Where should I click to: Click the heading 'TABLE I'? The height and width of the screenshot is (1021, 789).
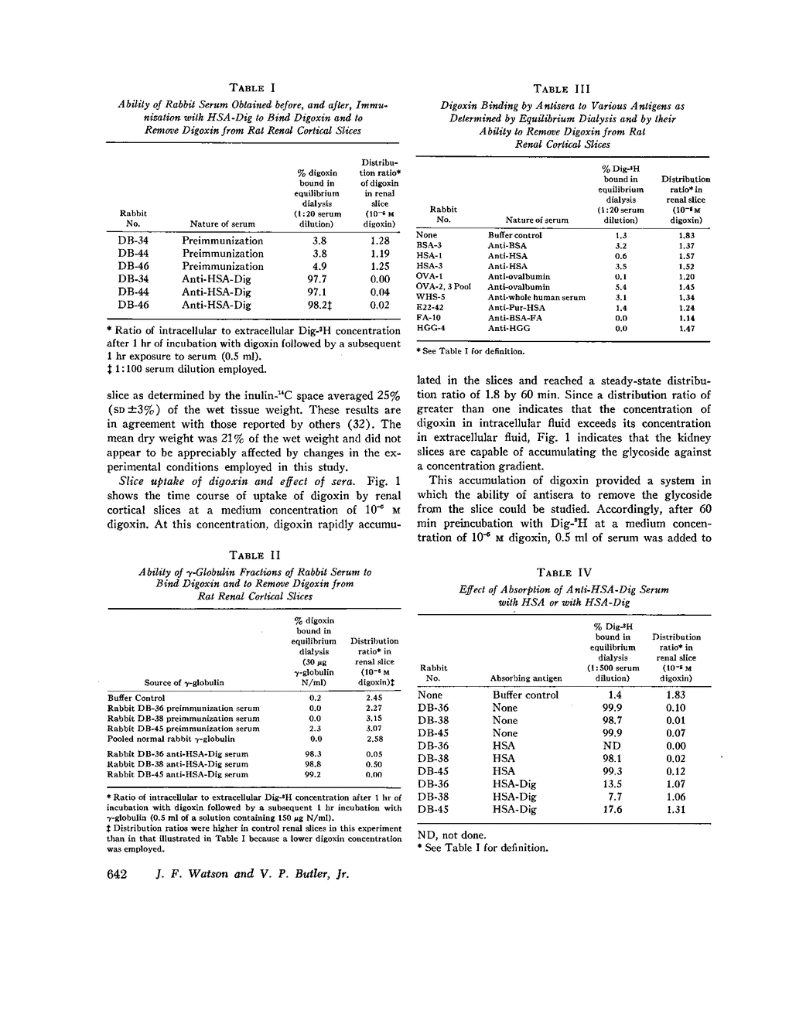click(x=254, y=88)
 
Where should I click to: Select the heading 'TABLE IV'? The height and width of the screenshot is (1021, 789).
click(x=564, y=572)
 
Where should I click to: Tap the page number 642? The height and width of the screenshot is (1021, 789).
click(x=115, y=873)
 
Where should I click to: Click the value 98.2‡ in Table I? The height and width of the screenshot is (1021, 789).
click(x=319, y=305)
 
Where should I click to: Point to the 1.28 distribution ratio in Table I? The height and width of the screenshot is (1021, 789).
click(x=379, y=241)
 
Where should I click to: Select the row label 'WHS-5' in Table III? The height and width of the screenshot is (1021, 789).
click(x=430, y=297)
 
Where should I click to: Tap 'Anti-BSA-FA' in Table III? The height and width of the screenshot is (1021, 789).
click(x=514, y=318)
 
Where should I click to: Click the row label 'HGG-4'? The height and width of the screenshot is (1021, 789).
click(x=431, y=328)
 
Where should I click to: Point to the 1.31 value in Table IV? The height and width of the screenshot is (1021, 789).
click(x=675, y=809)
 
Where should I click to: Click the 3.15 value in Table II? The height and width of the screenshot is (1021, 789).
click(x=374, y=718)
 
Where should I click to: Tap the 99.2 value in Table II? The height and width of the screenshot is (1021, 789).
click(x=313, y=774)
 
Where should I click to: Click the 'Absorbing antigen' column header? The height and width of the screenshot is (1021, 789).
click(x=526, y=678)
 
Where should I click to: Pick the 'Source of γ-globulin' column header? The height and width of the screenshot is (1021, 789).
click(x=184, y=683)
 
